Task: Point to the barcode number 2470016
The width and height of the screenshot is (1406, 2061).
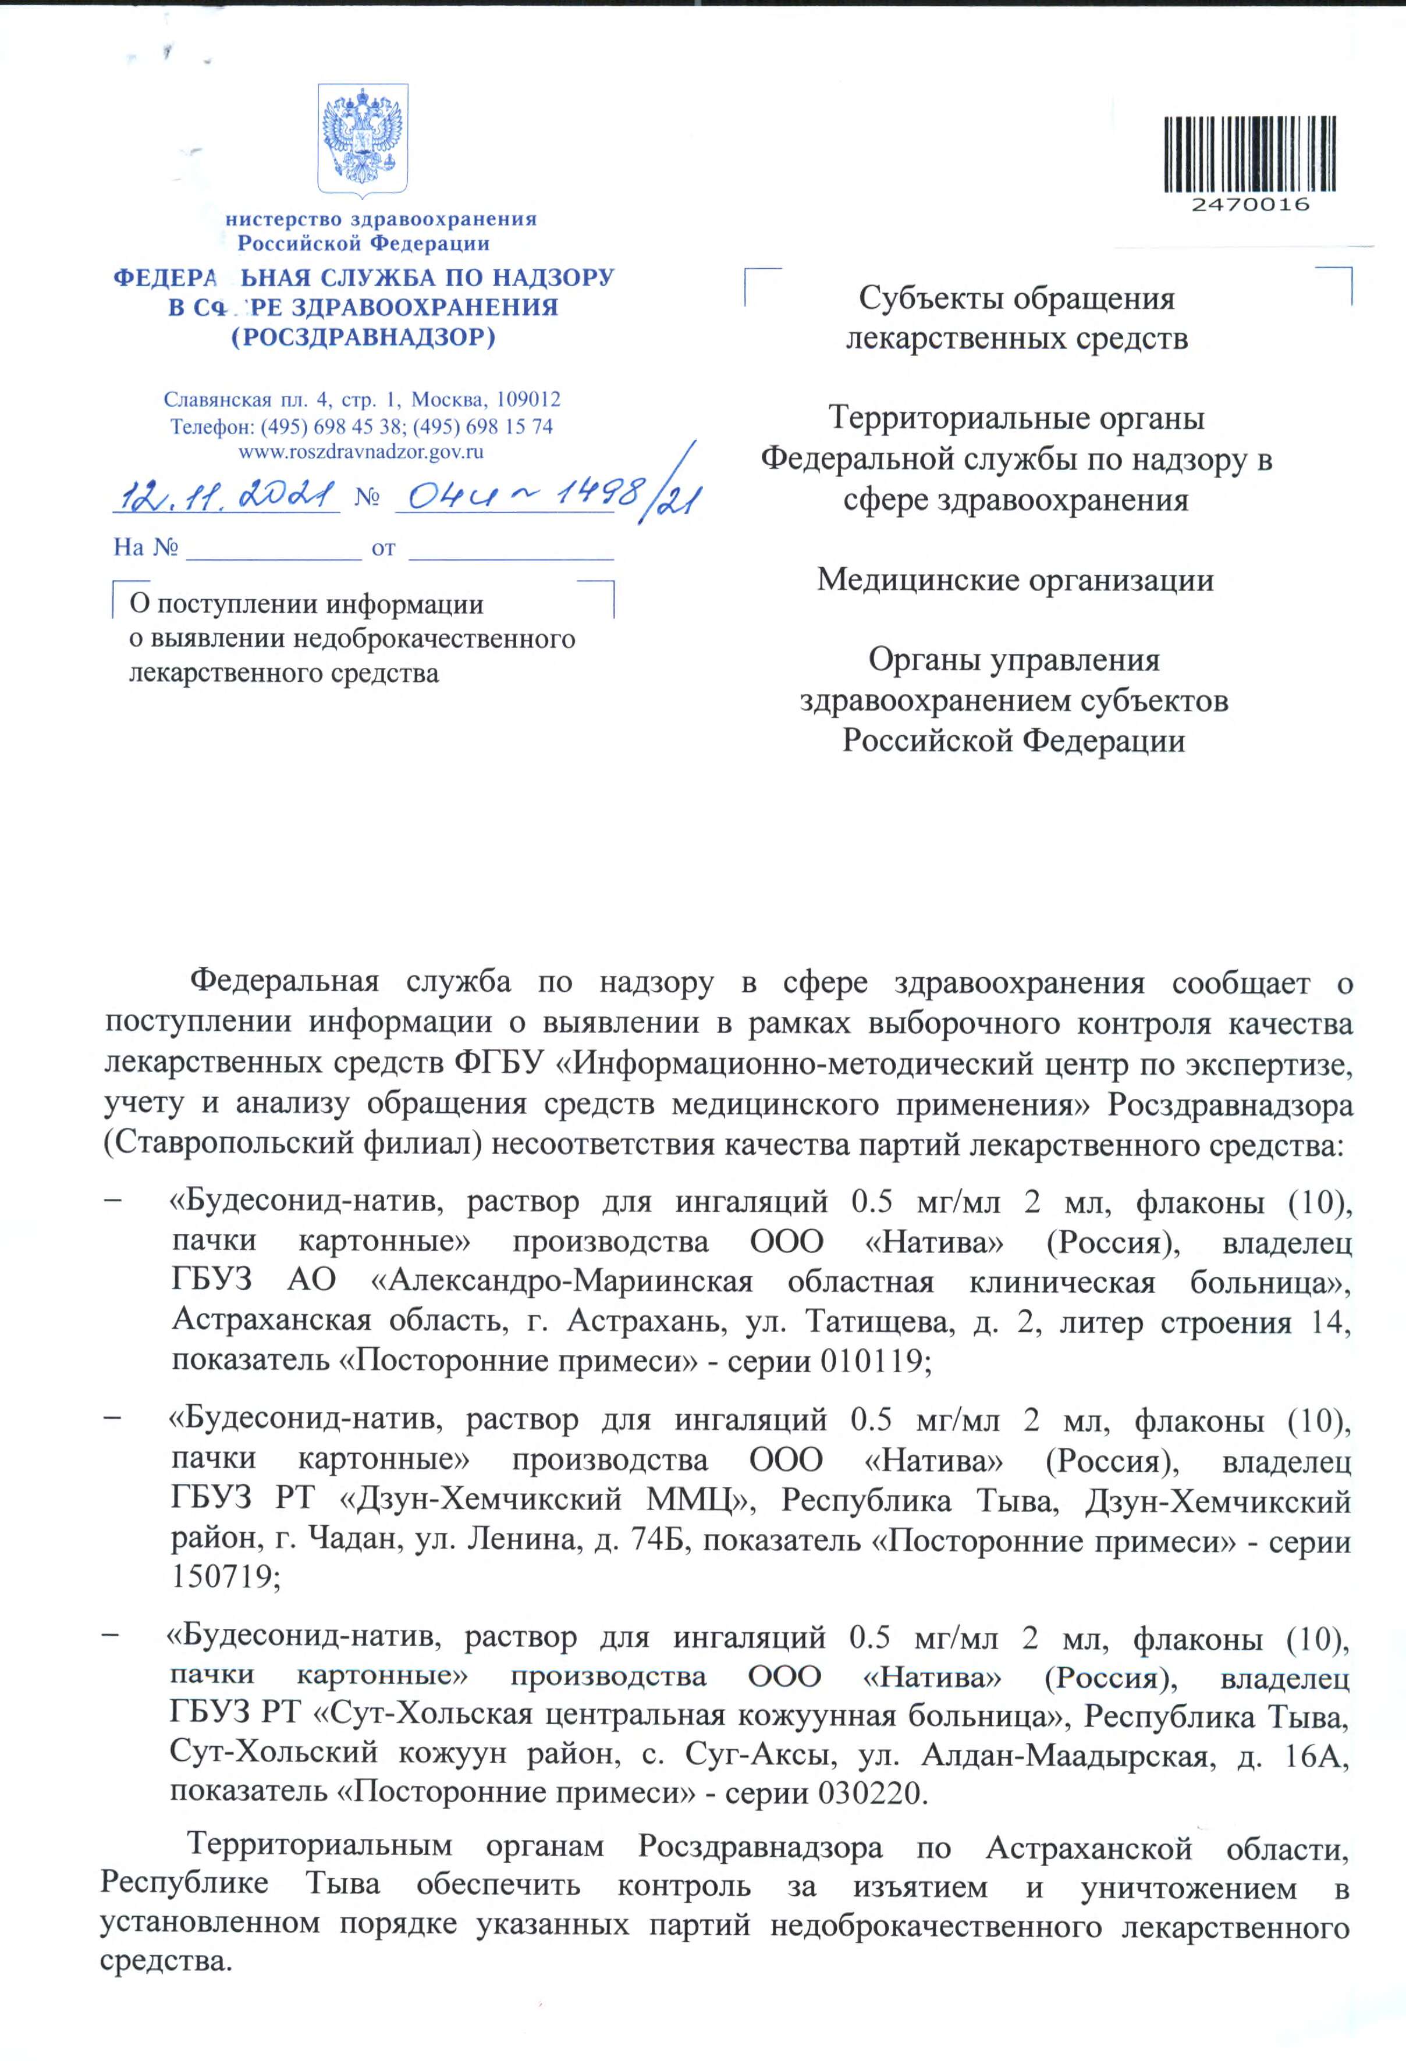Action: pyautogui.click(x=1250, y=205)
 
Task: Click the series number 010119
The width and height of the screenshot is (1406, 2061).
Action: pyautogui.click(x=873, y=1361)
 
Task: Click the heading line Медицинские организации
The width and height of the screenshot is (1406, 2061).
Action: pyautogui.click(x=1015, y=580)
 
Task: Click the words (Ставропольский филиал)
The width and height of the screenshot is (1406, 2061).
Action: pyautogui.click(x=293, y=1144)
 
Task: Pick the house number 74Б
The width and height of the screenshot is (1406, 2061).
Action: pyautogui.click(x=659, y=1540)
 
